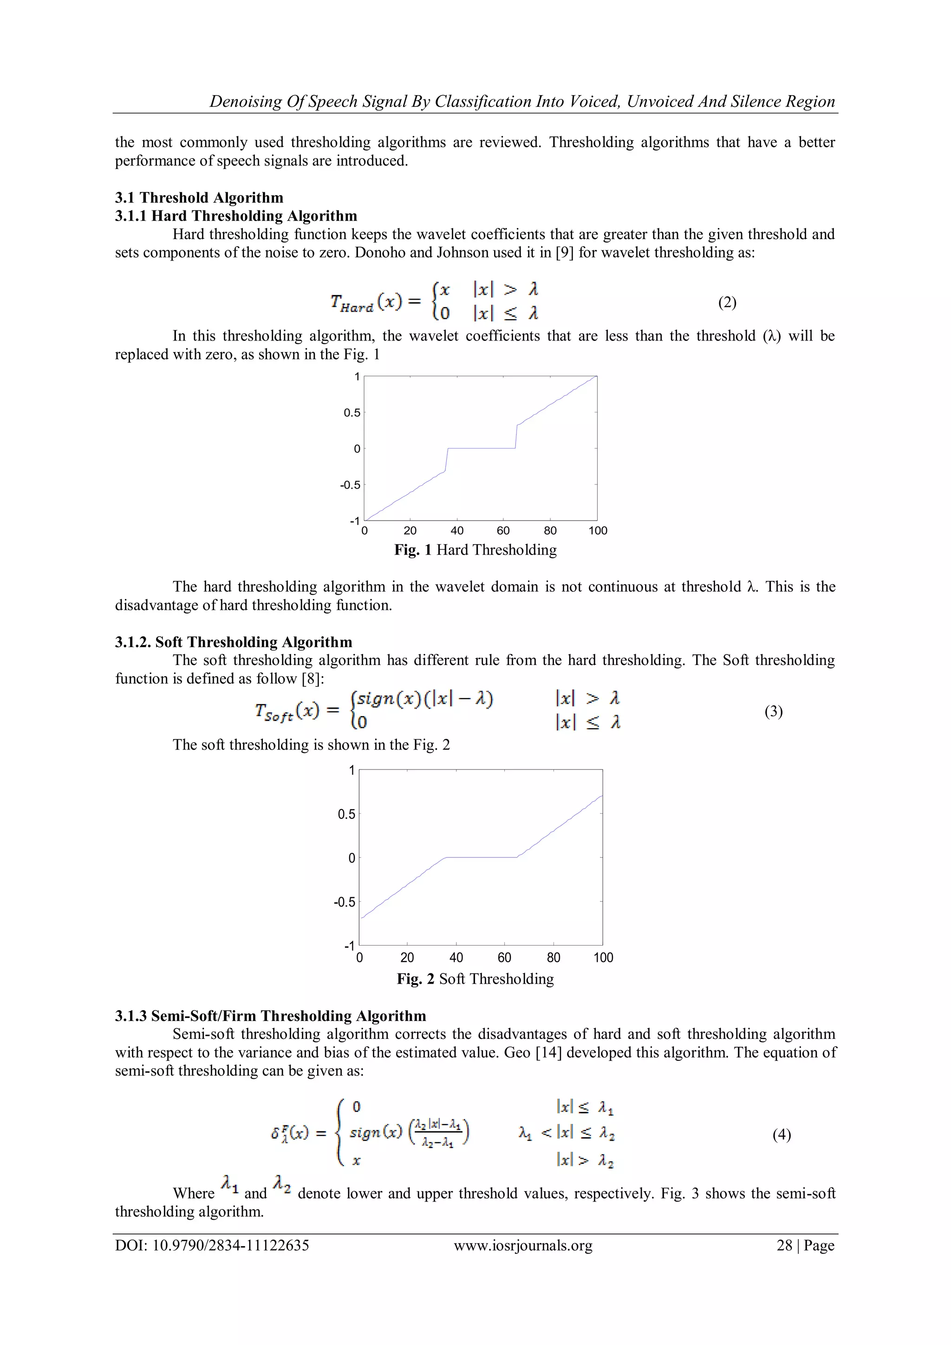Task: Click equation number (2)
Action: pos(727,302)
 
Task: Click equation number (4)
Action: pos(781,1135)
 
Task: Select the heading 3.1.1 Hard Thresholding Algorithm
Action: pos(235,215)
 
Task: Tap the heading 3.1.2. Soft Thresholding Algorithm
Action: pos(233,642)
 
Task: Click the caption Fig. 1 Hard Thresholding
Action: pos(475,549)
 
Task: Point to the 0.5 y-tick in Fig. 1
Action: pos(352,412)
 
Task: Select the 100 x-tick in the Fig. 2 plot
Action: pos(603,958)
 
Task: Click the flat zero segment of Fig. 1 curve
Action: pos(482,448)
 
